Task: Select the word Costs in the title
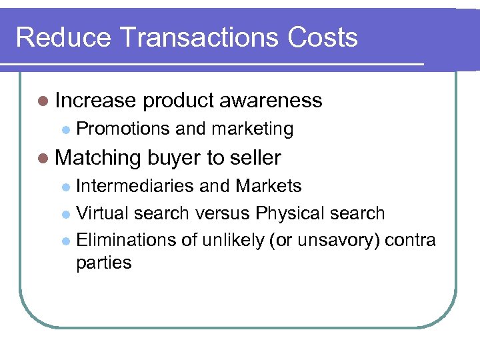323,37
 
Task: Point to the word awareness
271,101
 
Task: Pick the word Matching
99,159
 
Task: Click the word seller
255,158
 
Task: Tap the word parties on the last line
104,263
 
